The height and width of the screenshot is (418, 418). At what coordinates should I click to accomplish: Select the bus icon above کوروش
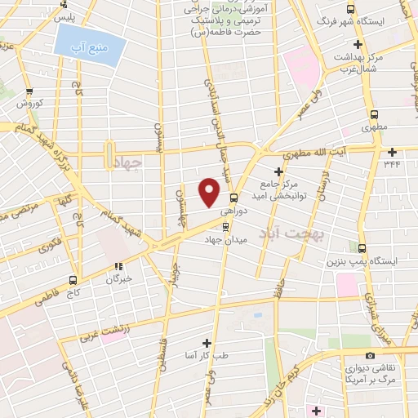pyautogui.click(x=29, y=91)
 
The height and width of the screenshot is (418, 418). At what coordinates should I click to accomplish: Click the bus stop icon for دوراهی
pyautogui.click(x=234, y=197)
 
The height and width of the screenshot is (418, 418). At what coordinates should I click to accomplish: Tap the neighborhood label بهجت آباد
pyautogui.click(x=291, y=234)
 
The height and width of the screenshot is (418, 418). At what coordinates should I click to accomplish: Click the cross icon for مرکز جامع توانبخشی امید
pyautogui.click(x=280, y=171)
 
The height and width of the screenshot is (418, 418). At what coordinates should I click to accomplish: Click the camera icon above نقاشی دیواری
pyautogui.click(x=371, y=355)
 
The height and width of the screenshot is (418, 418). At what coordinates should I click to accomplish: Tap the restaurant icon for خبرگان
pyautogui.click(x=119, y=266)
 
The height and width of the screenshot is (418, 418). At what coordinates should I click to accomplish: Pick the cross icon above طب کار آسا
pyautogui.click(x=206, y=343)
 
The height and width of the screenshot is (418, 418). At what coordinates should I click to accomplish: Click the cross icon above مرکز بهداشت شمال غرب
pyautogui.click(x=358, y=44)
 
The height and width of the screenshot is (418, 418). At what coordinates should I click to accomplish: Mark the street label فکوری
pyautogui.click(x=51, y=245)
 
